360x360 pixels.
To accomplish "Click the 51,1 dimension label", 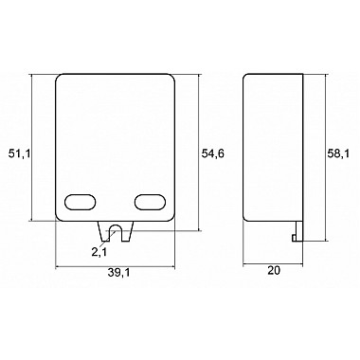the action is [x=19, y=153].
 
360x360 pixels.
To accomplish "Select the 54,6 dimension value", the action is [x=213, y=153].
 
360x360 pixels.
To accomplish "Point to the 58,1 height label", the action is [x=338, y=153].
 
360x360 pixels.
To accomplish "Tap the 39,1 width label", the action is [x=118, y=273].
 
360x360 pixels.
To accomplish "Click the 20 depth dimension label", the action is [x=274, y=270].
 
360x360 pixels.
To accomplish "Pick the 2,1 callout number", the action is [x=99, y=252].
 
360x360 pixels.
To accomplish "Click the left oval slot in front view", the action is [x=81, y=202].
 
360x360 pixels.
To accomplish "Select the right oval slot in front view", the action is [x=150, y=202].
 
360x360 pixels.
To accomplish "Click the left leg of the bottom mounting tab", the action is [x=104, y=231].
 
